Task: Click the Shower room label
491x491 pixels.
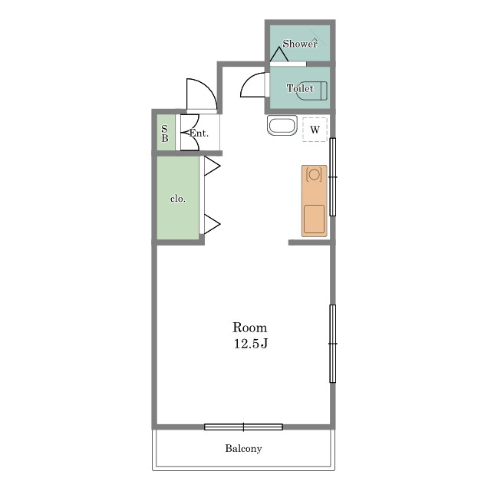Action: click(300, 44)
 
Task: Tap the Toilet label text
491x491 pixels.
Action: click(300, 88)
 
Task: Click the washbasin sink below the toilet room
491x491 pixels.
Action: click(282, 126)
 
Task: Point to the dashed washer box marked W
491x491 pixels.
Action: click(315, 130)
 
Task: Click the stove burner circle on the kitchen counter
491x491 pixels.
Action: click(314, 174)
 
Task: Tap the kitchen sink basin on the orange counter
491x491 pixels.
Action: click(314, 219)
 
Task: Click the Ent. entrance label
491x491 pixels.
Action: click(199, 133)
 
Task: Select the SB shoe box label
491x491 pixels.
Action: click(165, 133)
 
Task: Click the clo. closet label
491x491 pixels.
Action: click(177, 199)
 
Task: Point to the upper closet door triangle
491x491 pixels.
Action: click(213, 166)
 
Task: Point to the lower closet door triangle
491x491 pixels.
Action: click(213, 224)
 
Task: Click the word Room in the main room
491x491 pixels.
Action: click(249, 328)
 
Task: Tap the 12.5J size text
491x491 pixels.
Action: click(251, 344)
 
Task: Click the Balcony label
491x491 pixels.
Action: click(243, 448)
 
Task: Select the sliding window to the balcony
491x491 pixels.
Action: click(243, 427)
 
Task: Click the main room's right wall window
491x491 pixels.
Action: click(332, 344)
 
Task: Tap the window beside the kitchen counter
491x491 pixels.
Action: click(332, 177)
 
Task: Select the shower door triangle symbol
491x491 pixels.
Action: click(279, 54)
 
